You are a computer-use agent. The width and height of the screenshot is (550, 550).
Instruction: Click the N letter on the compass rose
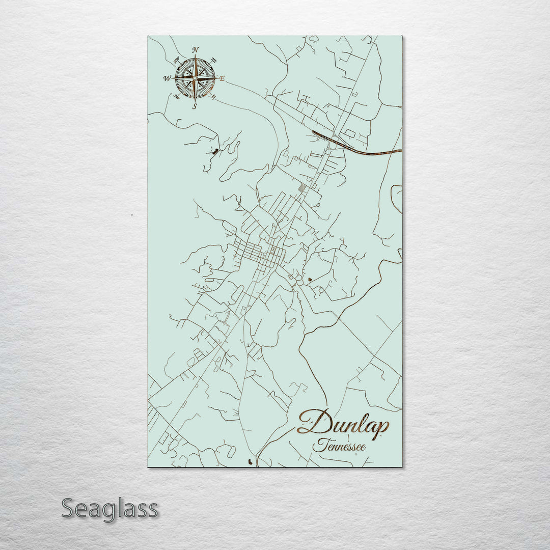point(195,49)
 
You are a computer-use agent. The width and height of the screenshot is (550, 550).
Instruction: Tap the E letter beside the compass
point(222,78)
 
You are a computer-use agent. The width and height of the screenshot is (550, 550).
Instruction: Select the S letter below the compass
point(195,107)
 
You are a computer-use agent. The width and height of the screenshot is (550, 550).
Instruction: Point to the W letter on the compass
point(167,78)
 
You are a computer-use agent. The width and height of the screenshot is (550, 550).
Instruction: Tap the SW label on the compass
point(176,96)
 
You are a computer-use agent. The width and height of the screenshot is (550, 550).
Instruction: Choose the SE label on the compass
point(214,96)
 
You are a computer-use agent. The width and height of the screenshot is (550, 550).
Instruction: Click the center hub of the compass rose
point(195,78)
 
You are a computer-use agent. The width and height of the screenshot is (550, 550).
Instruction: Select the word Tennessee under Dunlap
point(340,447)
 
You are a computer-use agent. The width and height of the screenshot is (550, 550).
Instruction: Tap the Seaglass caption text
point(109,508)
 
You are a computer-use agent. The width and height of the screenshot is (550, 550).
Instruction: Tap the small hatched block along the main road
point(302,189)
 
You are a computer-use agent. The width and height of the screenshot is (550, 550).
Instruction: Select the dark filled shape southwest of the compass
point(215,151)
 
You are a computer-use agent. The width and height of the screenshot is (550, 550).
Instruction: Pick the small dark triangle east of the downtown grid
point(309,279)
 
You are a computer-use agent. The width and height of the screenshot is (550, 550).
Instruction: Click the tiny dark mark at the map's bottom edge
point(249,461)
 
